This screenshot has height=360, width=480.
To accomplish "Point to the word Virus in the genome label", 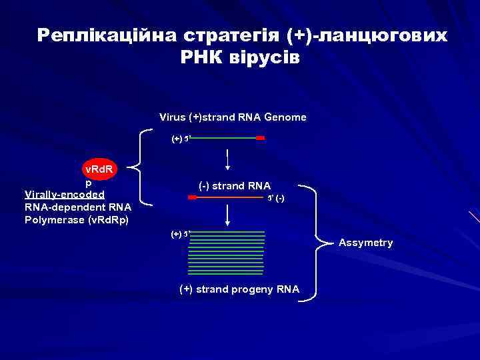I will click(172, 117).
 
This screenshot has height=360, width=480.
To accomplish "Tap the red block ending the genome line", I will click(261, 139).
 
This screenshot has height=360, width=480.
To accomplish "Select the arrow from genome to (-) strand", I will click(229, 159).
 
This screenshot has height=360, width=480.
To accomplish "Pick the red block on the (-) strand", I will click(193, 198).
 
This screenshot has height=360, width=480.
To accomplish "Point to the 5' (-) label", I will click(275, 199).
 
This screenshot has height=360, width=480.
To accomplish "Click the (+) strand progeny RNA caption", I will click(239, 289).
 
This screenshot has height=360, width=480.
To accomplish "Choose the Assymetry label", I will click(365, 243).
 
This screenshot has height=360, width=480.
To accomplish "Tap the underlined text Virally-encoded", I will click(65, 195).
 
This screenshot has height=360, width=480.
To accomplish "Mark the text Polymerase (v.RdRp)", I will click(77, 219).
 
